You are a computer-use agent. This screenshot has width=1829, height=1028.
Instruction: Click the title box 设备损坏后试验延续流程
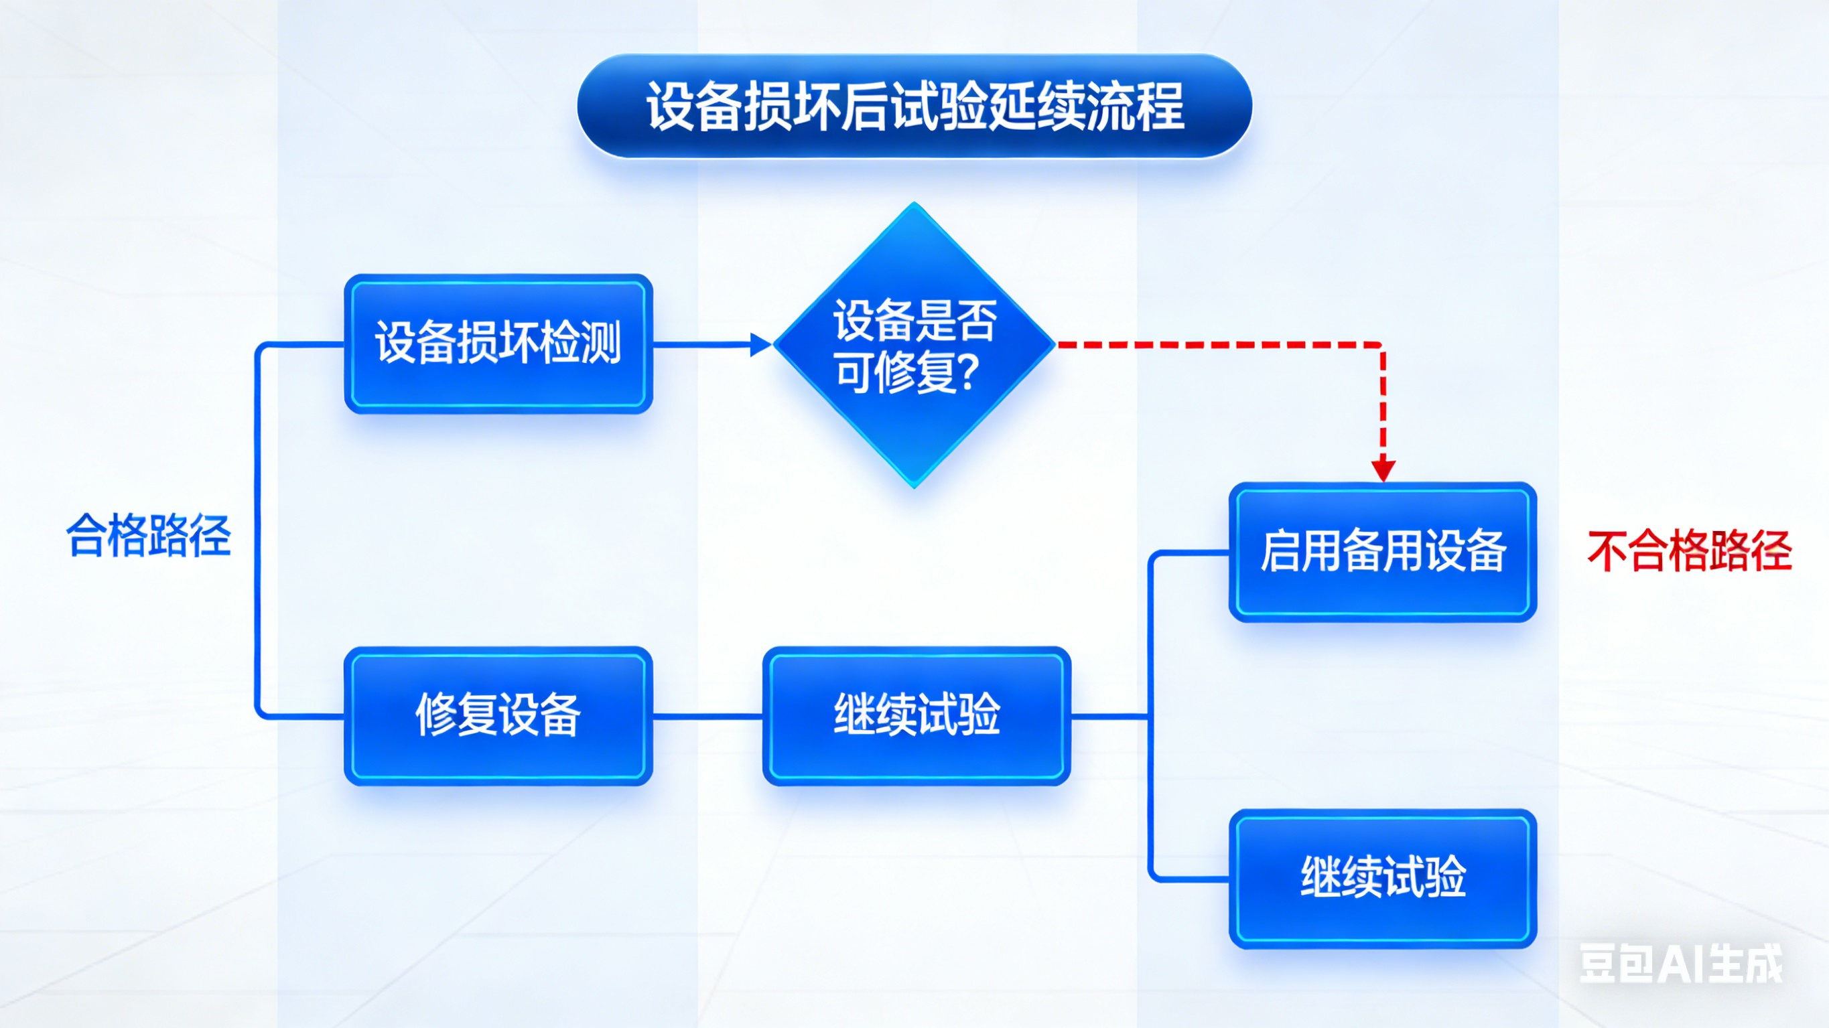point(914,106)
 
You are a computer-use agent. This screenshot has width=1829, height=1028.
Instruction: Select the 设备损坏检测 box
point(498,344)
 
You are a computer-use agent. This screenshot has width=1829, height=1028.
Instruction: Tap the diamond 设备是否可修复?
point(914,345)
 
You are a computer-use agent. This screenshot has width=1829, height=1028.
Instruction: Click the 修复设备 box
point(498,716)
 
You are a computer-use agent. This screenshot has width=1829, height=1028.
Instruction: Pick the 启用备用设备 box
point(1382,553)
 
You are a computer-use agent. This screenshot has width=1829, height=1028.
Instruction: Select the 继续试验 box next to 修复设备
point(916,716)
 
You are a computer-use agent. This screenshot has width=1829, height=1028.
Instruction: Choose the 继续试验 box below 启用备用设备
point(1382,878)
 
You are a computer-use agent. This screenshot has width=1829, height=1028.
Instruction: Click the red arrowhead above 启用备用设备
point(1383,470)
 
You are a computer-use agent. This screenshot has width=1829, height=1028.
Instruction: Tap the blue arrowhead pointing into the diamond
point(760,345)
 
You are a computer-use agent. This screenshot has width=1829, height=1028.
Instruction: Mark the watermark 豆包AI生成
point(1680,964)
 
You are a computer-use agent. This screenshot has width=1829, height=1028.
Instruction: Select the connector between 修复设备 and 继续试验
point(707,716)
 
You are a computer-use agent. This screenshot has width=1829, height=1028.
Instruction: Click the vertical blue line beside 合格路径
point(258,532)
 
